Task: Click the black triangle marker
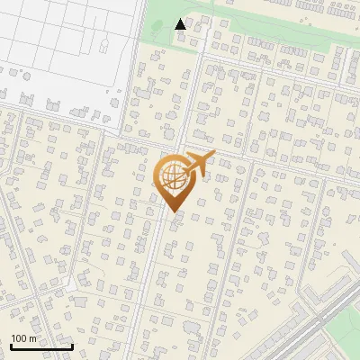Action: [181, 24]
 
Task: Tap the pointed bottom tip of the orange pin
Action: [173, 212]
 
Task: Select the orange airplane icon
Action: [199, 164]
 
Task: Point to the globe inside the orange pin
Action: [173, 176]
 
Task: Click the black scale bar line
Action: [41, 346]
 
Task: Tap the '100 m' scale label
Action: [23, 338]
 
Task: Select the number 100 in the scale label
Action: [19, 338]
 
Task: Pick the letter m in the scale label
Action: [31, 338]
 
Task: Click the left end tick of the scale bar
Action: [11, 345]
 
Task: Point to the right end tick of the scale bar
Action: [72, 345]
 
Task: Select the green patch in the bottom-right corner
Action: [346, 346]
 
